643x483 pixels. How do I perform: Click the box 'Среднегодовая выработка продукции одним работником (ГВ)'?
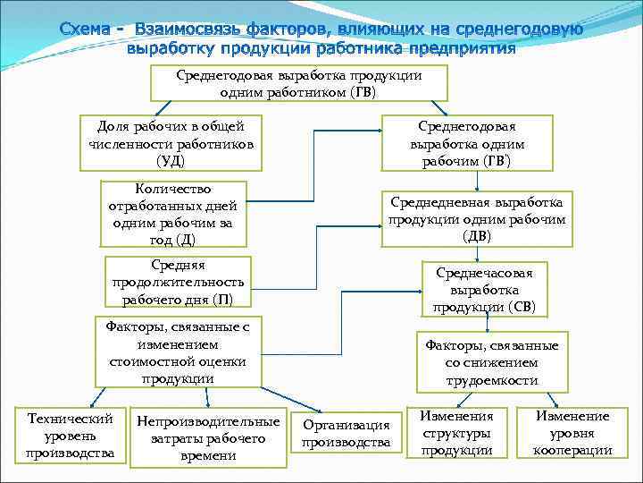click(298, 83)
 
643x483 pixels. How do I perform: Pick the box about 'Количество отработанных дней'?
click(172, 214)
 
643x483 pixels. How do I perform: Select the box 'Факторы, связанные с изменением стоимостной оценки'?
click(177, 352)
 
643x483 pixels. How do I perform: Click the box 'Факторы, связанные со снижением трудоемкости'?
click(492, 362)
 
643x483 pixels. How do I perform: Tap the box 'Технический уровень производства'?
click(71, 436)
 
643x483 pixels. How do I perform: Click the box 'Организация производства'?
click(346, 434)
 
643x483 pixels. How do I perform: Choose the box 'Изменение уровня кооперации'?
click(572, 433)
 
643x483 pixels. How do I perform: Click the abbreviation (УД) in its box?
click(171, 161)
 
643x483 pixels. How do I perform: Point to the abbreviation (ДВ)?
click(477, 236)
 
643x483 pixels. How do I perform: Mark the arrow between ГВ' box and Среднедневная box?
click(478, 181)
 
